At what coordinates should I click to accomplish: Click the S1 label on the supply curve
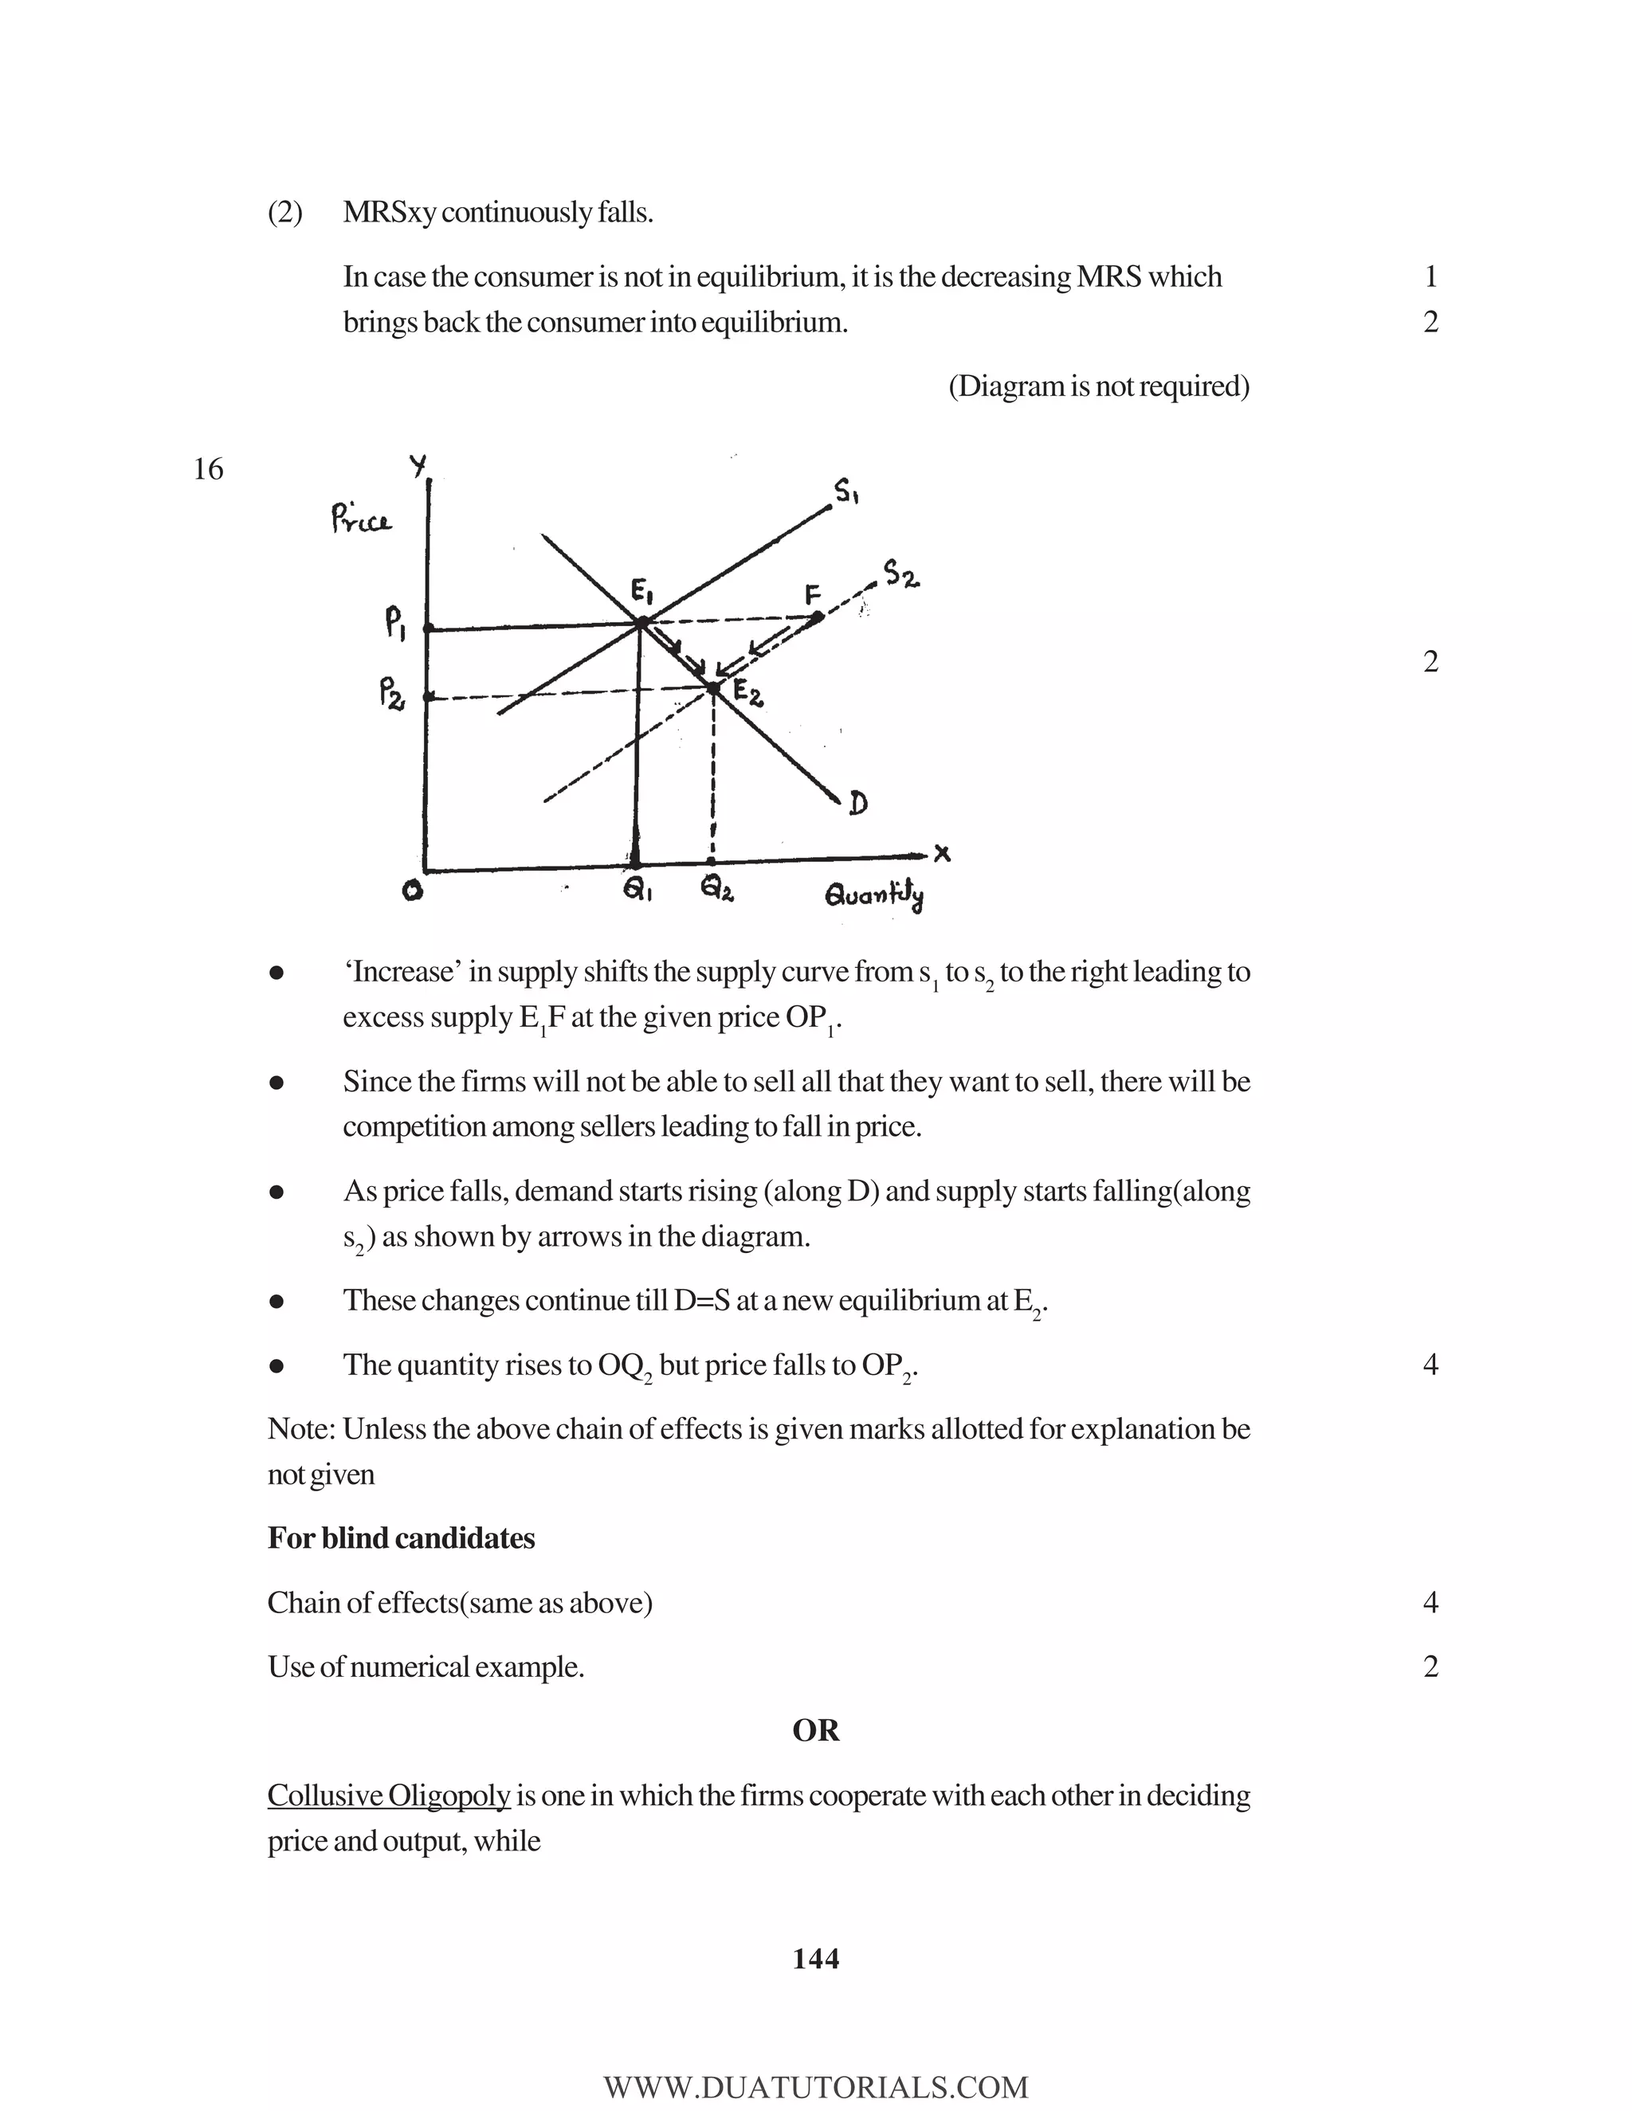[x=847, y=493]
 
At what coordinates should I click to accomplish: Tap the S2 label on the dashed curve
[x=901, y=575]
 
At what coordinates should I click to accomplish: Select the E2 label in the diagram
[x=748, y=692]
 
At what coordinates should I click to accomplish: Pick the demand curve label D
[x=857, y=803]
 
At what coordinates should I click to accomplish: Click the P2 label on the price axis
[x=391, y=693]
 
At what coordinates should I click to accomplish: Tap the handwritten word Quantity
[x=874, y=896]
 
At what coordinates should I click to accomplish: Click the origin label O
[x=413, y=892]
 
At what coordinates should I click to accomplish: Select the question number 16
[x=208, y=470]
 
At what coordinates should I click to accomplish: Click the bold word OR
[x=815, y=1730]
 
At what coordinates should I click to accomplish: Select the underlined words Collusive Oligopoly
[x=389, y=1795]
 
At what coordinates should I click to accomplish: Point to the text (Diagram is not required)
[x=1098, y=386]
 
